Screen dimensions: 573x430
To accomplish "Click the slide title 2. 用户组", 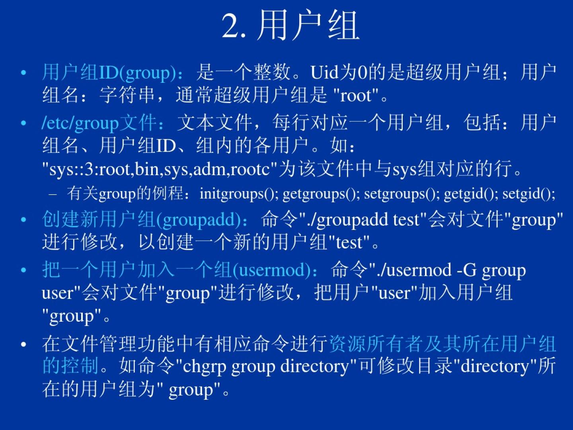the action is click(290, 26).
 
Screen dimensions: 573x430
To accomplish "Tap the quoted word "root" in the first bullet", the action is click(356, 95).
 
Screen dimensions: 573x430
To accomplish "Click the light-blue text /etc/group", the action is click(80, 123).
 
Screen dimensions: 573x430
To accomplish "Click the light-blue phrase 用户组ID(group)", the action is click(109, 73).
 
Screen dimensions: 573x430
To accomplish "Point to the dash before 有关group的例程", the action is click(53, 194).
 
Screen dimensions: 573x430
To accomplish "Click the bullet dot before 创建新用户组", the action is click(23, 219).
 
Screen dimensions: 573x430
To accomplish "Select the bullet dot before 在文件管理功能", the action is click(23, 344).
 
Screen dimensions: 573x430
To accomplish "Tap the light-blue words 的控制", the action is click(70, 365).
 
